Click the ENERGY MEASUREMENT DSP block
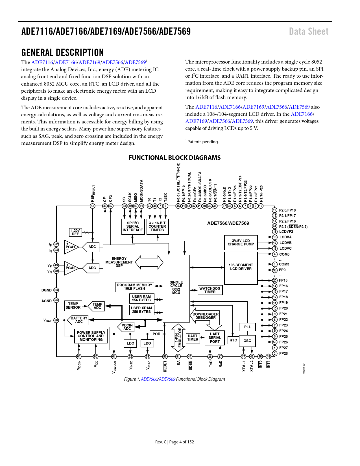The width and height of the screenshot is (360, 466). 119,262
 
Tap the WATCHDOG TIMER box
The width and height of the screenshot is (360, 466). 210,290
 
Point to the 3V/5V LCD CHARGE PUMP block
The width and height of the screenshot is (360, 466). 241,243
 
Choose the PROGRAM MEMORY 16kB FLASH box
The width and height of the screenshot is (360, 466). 135,287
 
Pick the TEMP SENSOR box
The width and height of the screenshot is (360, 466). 73,306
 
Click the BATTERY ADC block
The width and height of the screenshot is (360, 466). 78,320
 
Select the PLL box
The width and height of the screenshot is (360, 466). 247,327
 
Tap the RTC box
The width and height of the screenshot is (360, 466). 233,340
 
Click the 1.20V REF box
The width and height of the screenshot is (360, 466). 75,232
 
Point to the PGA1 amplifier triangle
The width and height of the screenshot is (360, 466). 71,247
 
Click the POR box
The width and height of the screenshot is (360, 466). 156,334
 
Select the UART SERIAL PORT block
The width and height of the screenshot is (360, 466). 215,338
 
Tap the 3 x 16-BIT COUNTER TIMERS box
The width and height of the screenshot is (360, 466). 157,227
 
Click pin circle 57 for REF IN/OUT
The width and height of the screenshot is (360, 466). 93,206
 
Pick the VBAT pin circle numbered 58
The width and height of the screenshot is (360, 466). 56,320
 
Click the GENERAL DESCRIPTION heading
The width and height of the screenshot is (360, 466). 63,53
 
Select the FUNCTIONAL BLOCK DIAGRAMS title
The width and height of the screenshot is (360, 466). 174,158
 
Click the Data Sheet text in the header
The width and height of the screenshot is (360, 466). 309,31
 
